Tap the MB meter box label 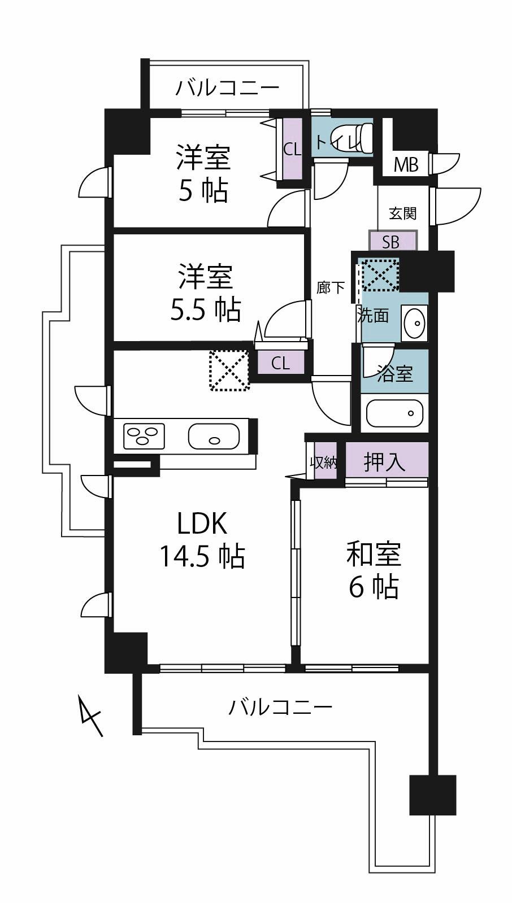tap(406, 165)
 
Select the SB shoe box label tap(390, 242)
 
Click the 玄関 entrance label tap(403, 213)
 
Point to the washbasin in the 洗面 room tap(414, 323)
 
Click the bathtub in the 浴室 tap(394, 413)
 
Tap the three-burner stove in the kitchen tap(144, 435)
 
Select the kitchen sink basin tap(214, 436)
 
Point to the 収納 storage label tap(324, 463)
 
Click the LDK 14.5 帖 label tap(202, 540)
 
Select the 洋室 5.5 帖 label tap(205, 293)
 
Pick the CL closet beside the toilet tap(292, 150)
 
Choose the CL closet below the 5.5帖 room tap(281, 363)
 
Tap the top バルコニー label tap(227, 88)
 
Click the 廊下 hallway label tap(331, 288)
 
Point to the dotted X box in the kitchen tap(229, 370)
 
